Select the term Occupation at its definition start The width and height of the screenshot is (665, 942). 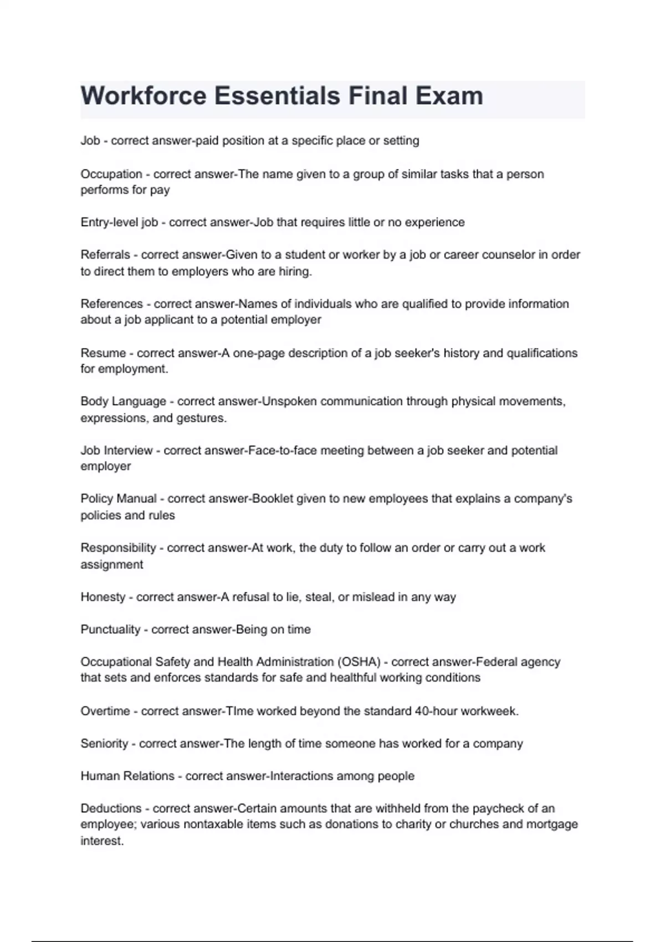(x=111, y=174)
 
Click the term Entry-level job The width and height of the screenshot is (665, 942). (x=119, y=222)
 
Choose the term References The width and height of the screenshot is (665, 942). (x=111, y=304)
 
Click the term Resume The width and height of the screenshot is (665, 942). (x=103, y=353)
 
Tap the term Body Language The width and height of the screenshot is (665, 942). (x=123, y=401)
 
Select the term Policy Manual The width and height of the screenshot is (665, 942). (x=119, y=499)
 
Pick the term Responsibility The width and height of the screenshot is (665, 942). (x=118, y=548)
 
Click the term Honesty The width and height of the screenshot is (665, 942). (x=103, y=597)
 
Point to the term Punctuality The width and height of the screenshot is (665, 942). (x=110, y=629)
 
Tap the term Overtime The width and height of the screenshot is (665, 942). (x=105, y=711)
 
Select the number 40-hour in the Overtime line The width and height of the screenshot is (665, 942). (x=436, y=711)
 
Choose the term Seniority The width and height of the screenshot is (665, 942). (x=104, y=744)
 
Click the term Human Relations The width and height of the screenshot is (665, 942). (x=127, y=776)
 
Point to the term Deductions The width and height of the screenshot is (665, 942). (x=111, y=808)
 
